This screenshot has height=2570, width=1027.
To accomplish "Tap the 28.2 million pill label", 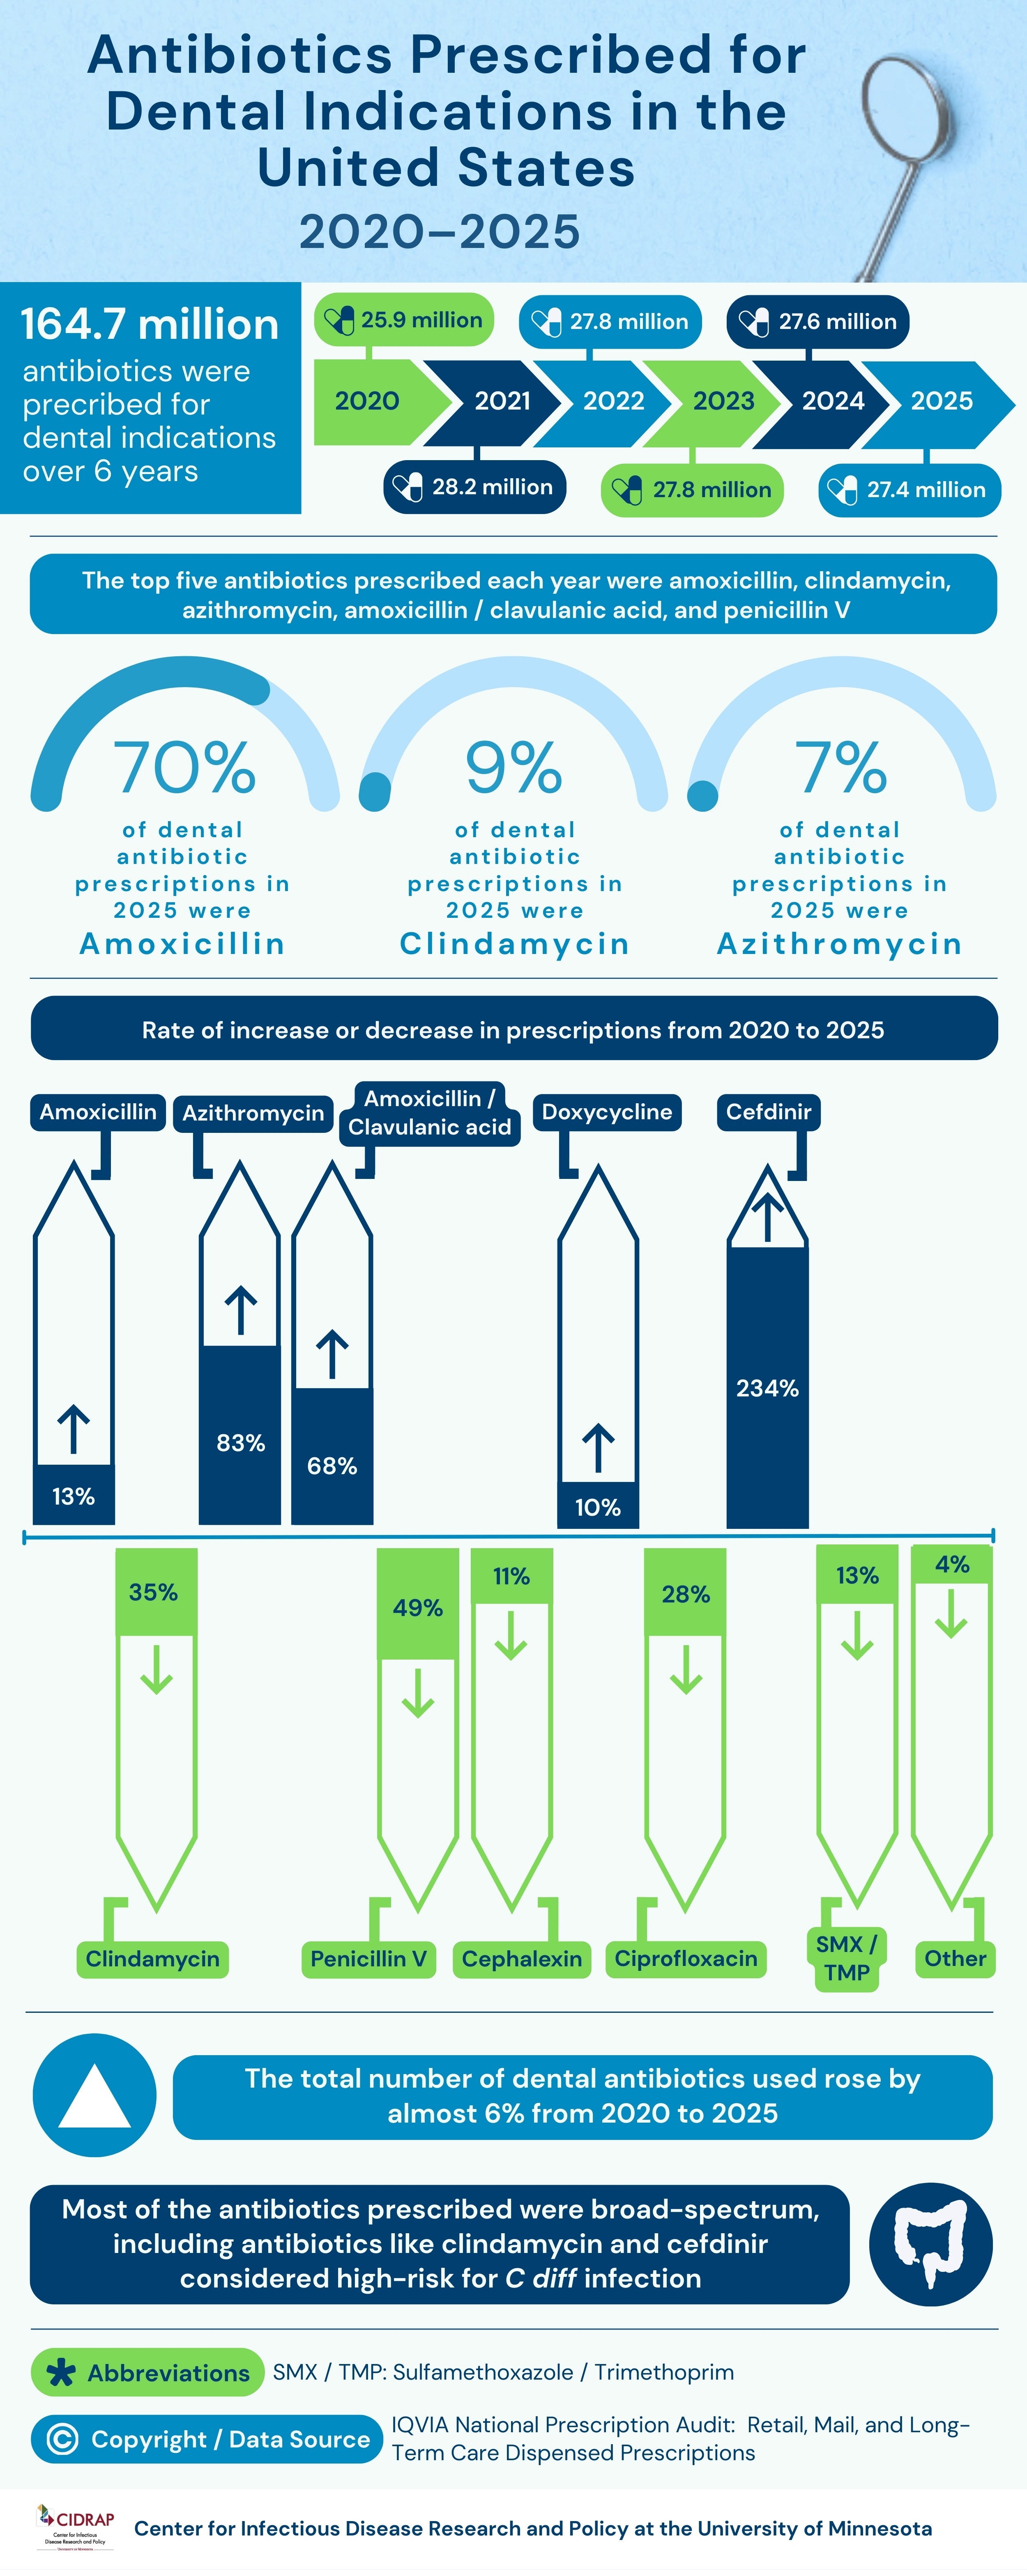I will coord(474,487).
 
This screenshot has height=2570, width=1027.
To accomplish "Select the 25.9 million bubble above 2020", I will coord(404,320).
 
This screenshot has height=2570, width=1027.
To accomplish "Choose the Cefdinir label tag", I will coord(768,1111).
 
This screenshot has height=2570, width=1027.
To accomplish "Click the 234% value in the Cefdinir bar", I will coord(767,1388).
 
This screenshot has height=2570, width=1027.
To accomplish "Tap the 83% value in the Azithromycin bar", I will coord(240,1442).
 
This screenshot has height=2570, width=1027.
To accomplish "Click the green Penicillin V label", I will coord(368,1959).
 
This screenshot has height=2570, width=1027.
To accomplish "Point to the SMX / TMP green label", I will coord(847,1959).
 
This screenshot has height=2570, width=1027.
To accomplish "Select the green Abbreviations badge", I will coord(147,2373).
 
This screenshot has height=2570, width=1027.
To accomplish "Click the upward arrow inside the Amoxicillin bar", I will coord(74,1429).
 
